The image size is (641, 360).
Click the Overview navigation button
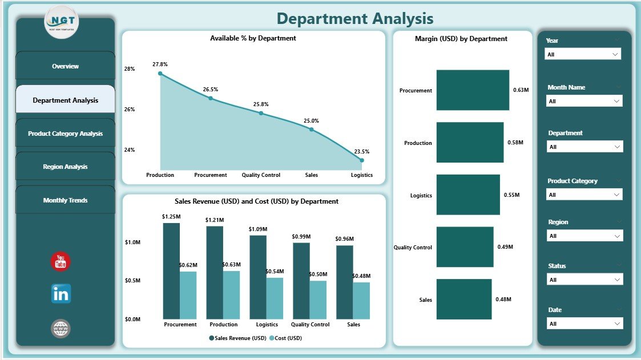65,66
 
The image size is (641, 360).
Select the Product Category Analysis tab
65,134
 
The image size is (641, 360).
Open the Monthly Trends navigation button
65,200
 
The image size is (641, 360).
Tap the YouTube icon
61,261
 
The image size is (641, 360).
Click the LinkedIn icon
61,294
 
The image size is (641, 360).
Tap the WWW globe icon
61,329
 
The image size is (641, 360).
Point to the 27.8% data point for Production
160,73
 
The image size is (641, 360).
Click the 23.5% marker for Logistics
361,160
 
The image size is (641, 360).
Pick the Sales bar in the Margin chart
464,299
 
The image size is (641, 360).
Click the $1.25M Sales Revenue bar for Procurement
171,271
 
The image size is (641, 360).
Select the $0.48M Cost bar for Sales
361,301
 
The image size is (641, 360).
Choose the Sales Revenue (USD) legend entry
239,338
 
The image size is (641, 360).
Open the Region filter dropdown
584,236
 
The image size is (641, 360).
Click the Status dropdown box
584,280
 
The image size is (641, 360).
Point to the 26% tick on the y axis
130,109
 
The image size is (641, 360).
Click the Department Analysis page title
355,19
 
